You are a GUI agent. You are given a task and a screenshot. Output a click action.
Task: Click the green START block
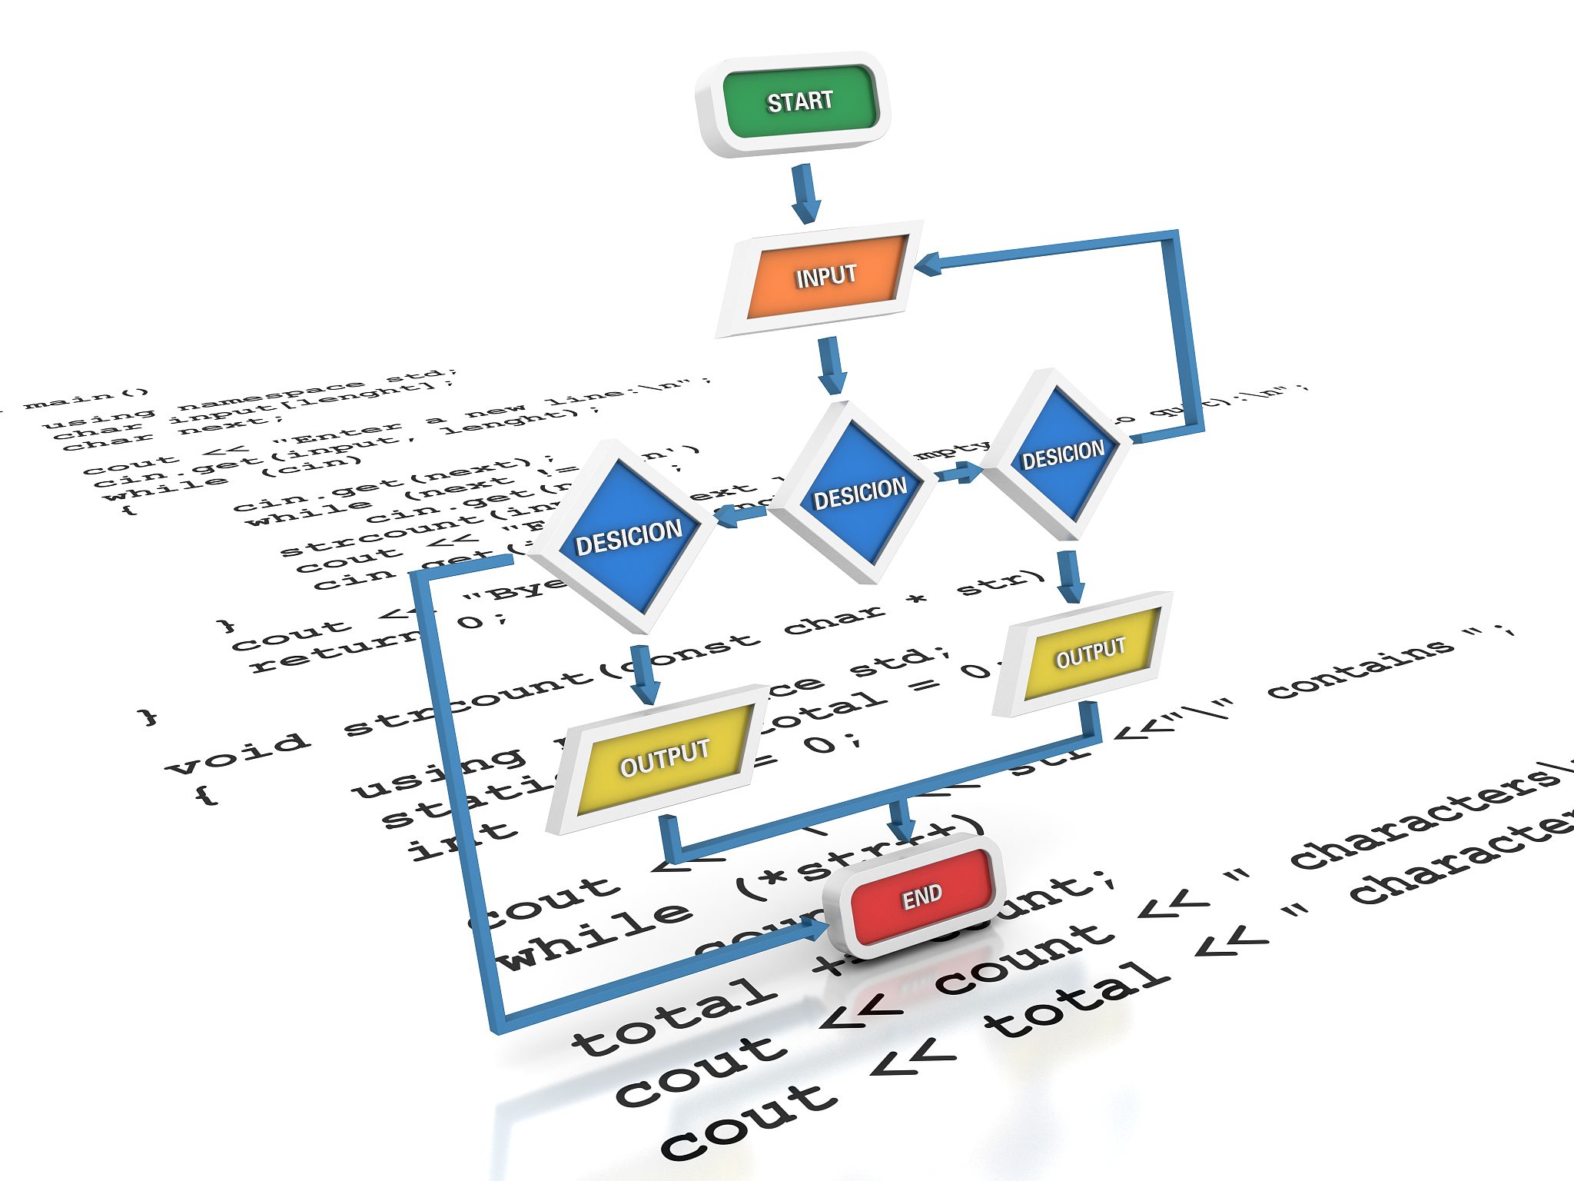pyautogui.click(x=799, y=102)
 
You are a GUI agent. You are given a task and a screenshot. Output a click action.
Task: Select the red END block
pyautogui.click(x=921, y=897)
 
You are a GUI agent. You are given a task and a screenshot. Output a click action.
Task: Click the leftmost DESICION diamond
pyautogui.click(x=629, y=535)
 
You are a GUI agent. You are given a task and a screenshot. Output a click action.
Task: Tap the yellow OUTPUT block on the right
pyautogui.click(x=1090, y=653)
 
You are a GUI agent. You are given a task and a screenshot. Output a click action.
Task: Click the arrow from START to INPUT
pyautogui.click(x=805, y=193)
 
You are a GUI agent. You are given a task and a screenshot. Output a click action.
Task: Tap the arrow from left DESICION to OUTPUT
pyautogui.click(x=645, y=674)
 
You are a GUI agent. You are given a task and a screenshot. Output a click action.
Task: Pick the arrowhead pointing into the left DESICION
pyautogui.click(x=726, y=517)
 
